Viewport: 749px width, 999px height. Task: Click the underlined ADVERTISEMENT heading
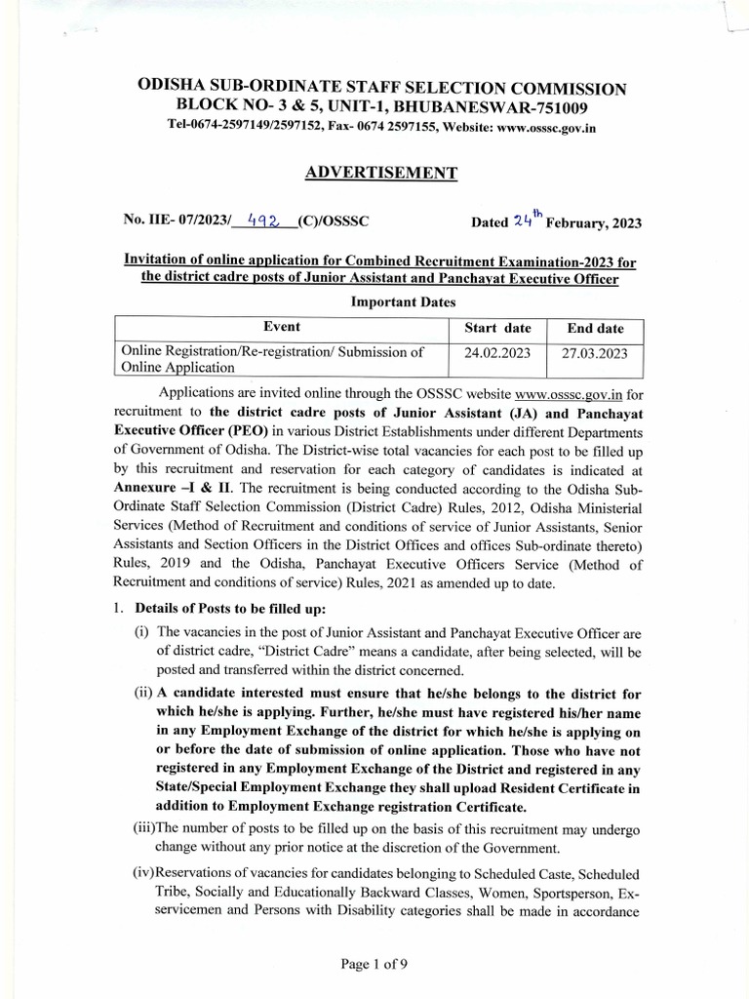(381, 173)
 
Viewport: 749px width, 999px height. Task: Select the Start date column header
(497, 328)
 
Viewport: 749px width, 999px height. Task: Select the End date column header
(595, 328)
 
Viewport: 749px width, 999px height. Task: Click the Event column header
(282, 327)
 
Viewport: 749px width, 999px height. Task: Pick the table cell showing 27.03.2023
(595, 352)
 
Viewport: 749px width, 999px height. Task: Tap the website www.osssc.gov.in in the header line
(532, 127)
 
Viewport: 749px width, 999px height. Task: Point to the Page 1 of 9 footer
(374, 964)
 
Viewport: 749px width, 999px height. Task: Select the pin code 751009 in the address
(558, 106)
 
